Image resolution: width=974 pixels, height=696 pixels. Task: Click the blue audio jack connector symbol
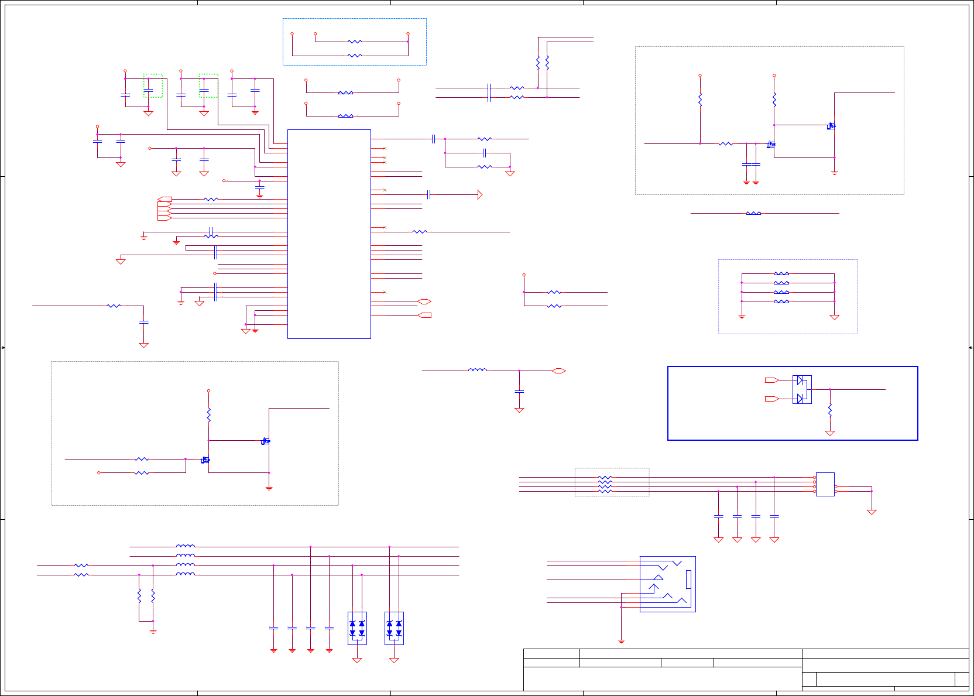[667, 584]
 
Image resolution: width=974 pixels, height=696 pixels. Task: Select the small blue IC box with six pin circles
[825, 484]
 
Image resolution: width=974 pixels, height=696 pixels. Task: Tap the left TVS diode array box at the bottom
[357, 628]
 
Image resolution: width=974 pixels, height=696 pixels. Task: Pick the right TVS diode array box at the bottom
[394, 628]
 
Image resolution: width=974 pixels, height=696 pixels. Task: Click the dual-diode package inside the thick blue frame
[802, 389]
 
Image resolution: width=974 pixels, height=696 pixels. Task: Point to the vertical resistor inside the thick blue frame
[829, 410]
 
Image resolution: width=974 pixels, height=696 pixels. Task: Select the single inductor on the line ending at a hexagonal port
[478, 370]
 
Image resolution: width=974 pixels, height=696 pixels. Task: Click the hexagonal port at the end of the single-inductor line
[558, 371]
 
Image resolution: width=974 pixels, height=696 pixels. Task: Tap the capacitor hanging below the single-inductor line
[519, 391]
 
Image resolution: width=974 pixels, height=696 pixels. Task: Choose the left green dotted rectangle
[153, 85]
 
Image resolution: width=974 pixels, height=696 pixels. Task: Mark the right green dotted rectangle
[208, 85]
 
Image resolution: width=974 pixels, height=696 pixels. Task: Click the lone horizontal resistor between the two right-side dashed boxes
[753, 213]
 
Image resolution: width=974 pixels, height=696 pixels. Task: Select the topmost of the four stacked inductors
[186, 546]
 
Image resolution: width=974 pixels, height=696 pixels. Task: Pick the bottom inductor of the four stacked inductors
[186, 574]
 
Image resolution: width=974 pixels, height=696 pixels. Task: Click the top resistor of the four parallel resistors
[781, 273]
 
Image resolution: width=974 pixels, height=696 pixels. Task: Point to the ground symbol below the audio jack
[621, 641]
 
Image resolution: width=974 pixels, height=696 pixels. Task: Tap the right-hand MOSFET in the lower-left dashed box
[265, 441]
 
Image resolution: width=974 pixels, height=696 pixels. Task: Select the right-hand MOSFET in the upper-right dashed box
[831, 126]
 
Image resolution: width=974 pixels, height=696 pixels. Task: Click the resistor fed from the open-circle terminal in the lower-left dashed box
[142, 472]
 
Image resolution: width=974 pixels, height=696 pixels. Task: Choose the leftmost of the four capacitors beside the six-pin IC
[719, 516]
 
